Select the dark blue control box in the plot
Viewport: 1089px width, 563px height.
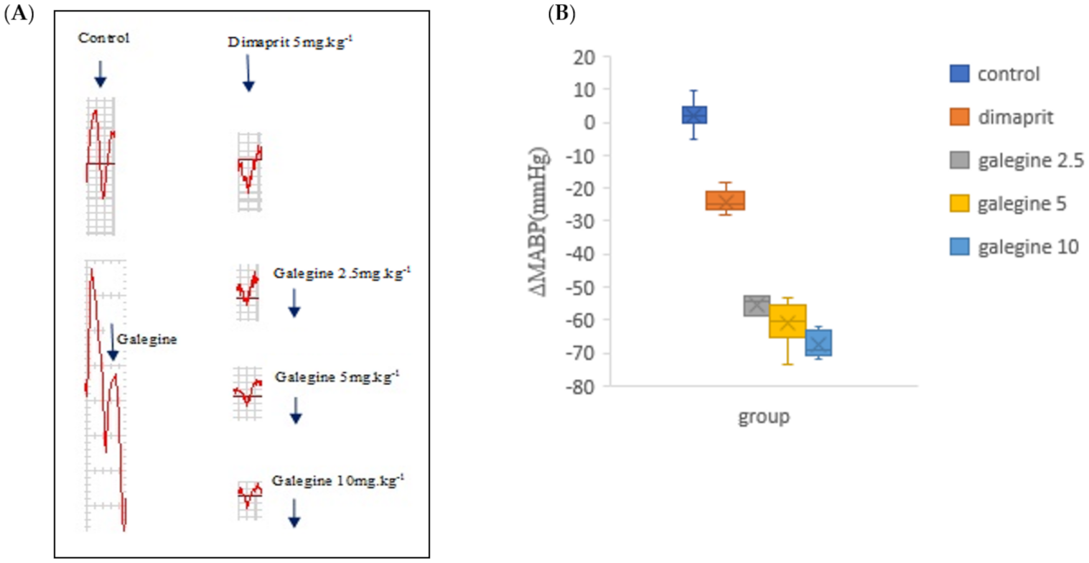tap(693, 115)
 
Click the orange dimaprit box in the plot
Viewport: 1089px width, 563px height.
tap(724, 200)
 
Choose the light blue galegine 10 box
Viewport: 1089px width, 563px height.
tap(818, 343)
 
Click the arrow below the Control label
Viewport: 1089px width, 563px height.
tap(100, 74)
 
